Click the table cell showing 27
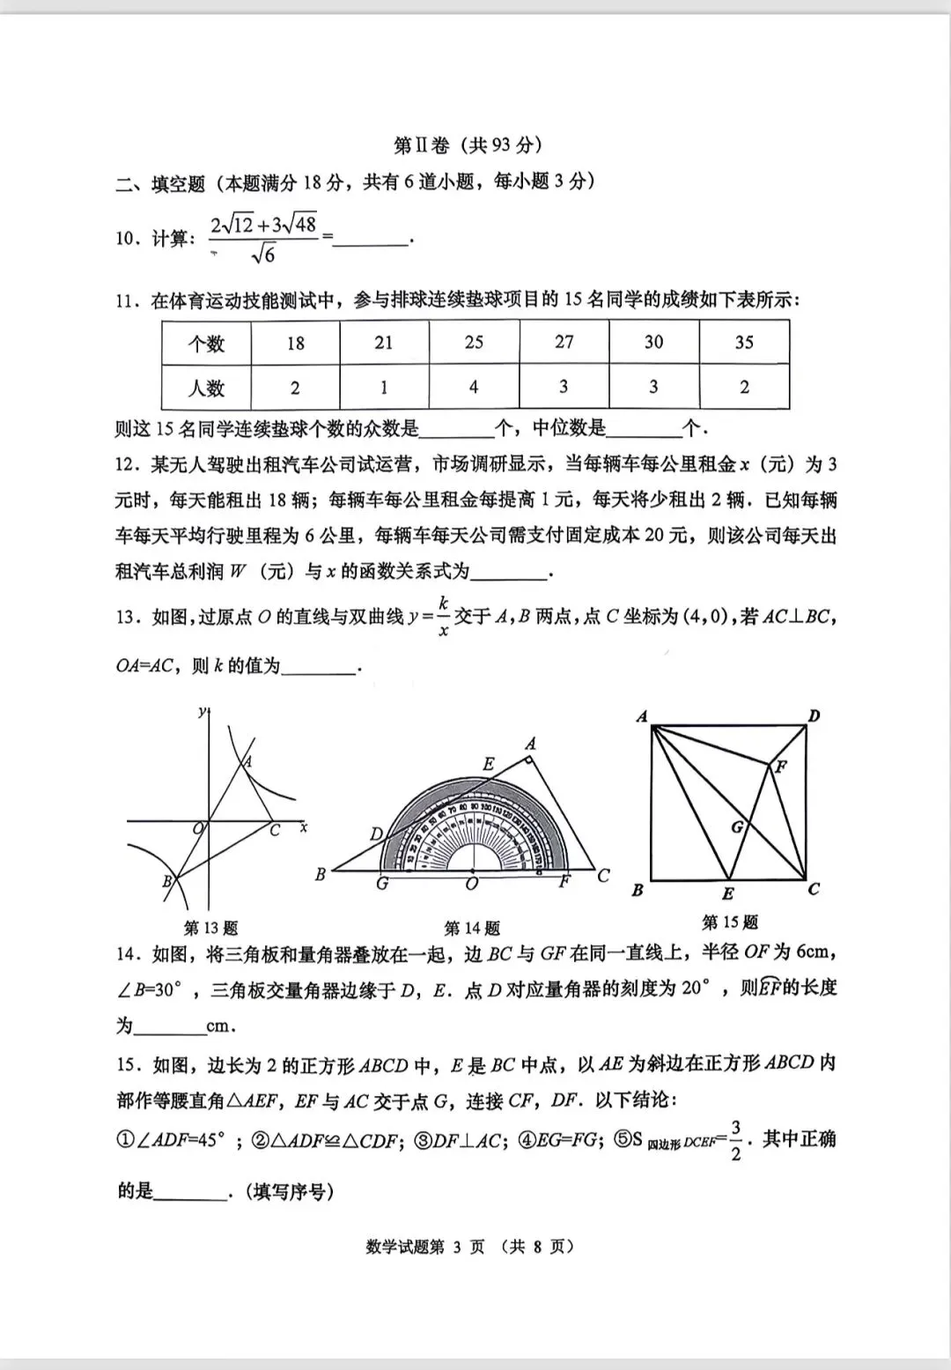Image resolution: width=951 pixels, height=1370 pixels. pyautogui.click(x=564, y=342)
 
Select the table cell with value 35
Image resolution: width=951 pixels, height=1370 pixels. pyautogui.click(x=744, y=342)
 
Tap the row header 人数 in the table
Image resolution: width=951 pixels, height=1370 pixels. pyautogui.click(x=206, y=388)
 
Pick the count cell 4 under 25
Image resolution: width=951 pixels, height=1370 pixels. pyautogui.click(x=474, y=388)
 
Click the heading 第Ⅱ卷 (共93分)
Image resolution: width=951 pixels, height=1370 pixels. pyautogui.click(x=468, y=144)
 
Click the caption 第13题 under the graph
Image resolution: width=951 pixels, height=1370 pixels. pyautogui.click(x=210, y=928)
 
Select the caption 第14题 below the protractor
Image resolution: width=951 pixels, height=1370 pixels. pyautogui.click(x=472, y=928)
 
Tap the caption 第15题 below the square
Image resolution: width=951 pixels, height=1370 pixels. pyautogui.click(x=729, y=922)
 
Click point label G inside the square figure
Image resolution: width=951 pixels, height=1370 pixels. pyautogui.click(x=737, y=826)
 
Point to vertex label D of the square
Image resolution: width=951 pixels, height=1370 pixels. pyautogui.click(x=814, y=715)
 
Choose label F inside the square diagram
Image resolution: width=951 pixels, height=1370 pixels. pyautogui.click(x=780, y=766)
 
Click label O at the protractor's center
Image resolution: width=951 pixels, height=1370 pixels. pyautogui.click(x=472, y=883)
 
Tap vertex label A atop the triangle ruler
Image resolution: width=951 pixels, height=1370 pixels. pyautogui.click(x=530, y=744)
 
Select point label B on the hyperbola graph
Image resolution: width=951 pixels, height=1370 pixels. pyautogui.click(x=166, y=880)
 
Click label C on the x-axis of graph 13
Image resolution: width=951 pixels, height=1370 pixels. pyautogui.click(x=275, y=830)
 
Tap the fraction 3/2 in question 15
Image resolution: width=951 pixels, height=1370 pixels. pyautogui.click(x=735, y=1141)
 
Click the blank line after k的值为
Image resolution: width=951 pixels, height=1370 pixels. pyautogui.click(x=318, y=667)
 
